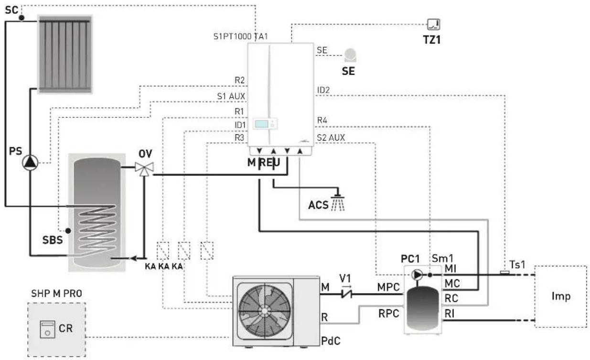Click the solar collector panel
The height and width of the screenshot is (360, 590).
click(x=65, y=55)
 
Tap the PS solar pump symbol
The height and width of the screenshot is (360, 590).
click(x=30, y=163)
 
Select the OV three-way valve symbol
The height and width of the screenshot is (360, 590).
click(x=144, y=169)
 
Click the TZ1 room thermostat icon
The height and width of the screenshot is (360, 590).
click(x=433, y=24)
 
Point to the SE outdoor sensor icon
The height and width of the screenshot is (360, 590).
click(x=350, y=55)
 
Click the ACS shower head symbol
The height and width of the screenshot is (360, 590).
click(x=338, y=203)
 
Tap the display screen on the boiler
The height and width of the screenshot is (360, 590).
click(x=261, y=124)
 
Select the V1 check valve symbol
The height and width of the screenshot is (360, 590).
click(x=346, y=294)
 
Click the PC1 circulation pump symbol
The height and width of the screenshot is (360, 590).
click(x=417, y=275)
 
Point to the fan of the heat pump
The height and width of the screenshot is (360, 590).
click(x=265, y=311)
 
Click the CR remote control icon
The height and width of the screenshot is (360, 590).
click(x=47, y=329)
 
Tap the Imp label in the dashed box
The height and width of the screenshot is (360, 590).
click(x=561, y=296)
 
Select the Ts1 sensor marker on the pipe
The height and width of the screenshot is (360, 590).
click(x=504, y=273)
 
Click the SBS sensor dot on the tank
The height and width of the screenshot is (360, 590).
click(x=68, y=231)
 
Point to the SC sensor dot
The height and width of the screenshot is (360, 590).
click(x=21, y=18)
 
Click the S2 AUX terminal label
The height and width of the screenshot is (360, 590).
click(x=331, y=138)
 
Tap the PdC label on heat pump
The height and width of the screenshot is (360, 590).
click(x=331, y=341)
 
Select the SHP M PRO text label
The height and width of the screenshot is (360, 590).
click(x=57, y=294)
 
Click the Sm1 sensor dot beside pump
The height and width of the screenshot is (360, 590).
click(x=430, y=275)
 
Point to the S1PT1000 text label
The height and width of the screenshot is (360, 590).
click(x=233, y=36)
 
